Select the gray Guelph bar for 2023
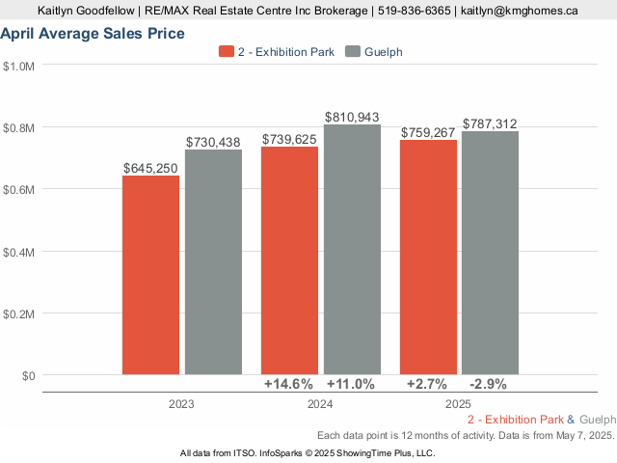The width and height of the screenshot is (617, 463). click(213, 261)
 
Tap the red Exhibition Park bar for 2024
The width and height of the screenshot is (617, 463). click(290, 260)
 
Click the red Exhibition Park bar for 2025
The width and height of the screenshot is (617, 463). click(428, 258)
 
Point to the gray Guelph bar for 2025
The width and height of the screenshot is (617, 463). click(490, 253)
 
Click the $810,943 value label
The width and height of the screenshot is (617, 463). click(352, 117)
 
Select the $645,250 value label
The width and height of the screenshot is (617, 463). click(150, 168)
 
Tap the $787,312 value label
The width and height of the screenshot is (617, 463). click(491, 123)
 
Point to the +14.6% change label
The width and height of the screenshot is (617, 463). click(290, 384)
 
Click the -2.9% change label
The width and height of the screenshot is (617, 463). click(488, 384)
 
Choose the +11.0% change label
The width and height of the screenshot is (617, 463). click(351, 384)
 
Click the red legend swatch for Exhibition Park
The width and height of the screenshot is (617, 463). click(227, 52)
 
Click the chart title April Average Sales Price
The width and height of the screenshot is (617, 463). click(93, 34)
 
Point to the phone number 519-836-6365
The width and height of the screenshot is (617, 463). click(415, 11)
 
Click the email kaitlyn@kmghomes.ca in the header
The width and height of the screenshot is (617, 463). click(520, 11)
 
